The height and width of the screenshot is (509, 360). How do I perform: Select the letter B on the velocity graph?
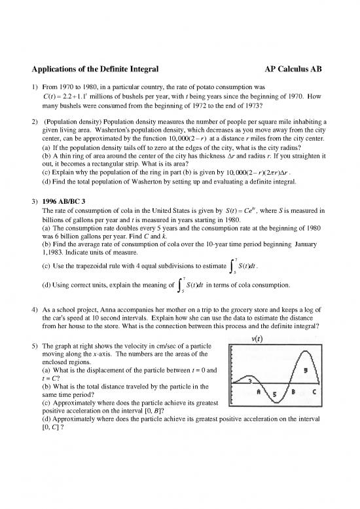click(292, 392)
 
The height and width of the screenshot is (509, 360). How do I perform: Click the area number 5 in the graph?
click(275, 394)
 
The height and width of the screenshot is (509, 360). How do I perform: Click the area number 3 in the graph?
click(249, 380)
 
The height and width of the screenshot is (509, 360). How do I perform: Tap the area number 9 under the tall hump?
click(304, 369)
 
